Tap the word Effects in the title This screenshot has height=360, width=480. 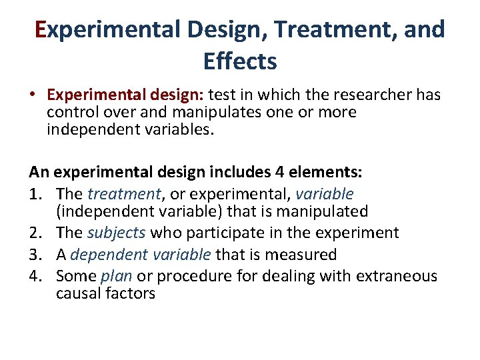(x=240, y=61)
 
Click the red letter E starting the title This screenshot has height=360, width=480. (x=40, y=30)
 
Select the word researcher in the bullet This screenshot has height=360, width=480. (x=367, y=95)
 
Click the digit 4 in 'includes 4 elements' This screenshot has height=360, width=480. (x=279, y=172)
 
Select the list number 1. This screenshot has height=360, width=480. (x=35, y=194)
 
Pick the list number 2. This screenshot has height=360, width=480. (x=35, y=233)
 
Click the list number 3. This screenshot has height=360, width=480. (x=35, y=254)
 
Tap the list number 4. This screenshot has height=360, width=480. (x=35, y=275)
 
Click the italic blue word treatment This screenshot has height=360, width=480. (x=124, y=194)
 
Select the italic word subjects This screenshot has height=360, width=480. (x=117, y=233)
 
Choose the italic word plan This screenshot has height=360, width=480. (x=117, y=275)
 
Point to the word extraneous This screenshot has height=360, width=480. (x=400, y=275)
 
